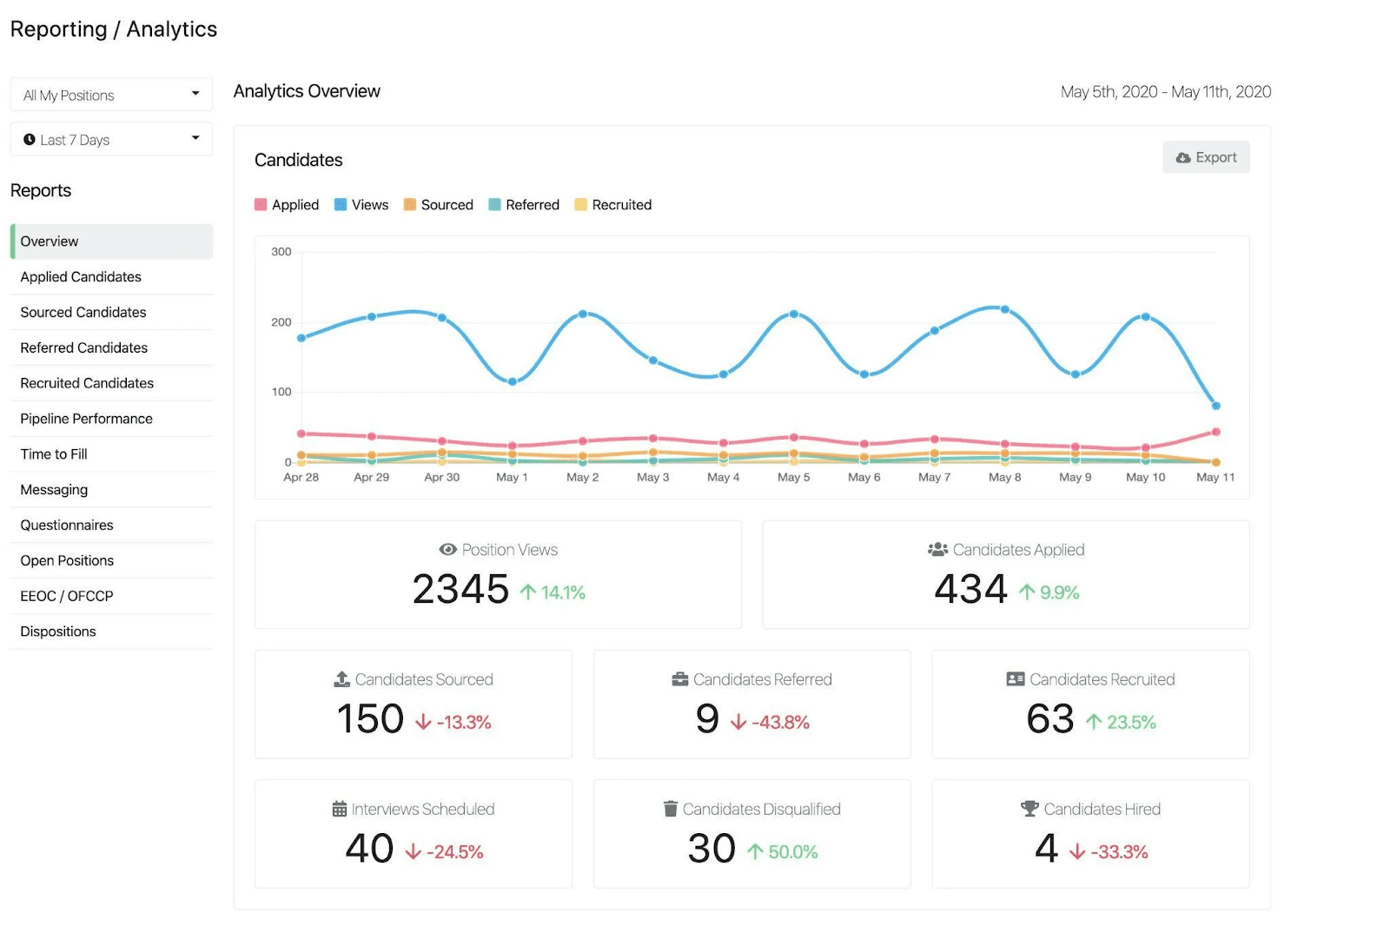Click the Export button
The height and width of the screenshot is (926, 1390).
pos(1206,157)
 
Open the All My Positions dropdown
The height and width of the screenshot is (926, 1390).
pos(112,95)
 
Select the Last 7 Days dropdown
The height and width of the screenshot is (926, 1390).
pos(112,139)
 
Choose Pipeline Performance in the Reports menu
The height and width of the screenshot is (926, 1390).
pos(86,419)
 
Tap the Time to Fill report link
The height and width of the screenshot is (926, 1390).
pos(53,453)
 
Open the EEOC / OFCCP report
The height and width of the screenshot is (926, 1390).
pos(66,596)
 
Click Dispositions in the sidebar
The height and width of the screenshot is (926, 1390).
pos(57,632)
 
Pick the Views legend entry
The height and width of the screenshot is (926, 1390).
pos(361,205)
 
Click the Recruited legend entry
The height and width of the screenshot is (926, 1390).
pos(613,205)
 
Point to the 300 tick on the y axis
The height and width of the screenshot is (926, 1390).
pos(281,251)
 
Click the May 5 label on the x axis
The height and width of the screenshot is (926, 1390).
pos(794,477)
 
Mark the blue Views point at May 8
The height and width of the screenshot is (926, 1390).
pos(1005,309)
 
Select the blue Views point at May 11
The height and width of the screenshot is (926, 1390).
pos(1216,406)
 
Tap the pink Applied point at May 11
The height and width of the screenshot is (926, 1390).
pos(1216,432)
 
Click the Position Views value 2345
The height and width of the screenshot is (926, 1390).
pos(460,589)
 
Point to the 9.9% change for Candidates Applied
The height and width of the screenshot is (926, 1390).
pos(1059,592)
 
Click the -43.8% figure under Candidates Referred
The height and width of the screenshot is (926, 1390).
pos(781,723)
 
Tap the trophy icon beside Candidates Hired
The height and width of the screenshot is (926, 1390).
pos(1029,808)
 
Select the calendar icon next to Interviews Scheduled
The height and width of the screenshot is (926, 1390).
pos(340,809)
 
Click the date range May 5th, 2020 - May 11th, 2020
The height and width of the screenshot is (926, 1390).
pos(1165,92)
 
